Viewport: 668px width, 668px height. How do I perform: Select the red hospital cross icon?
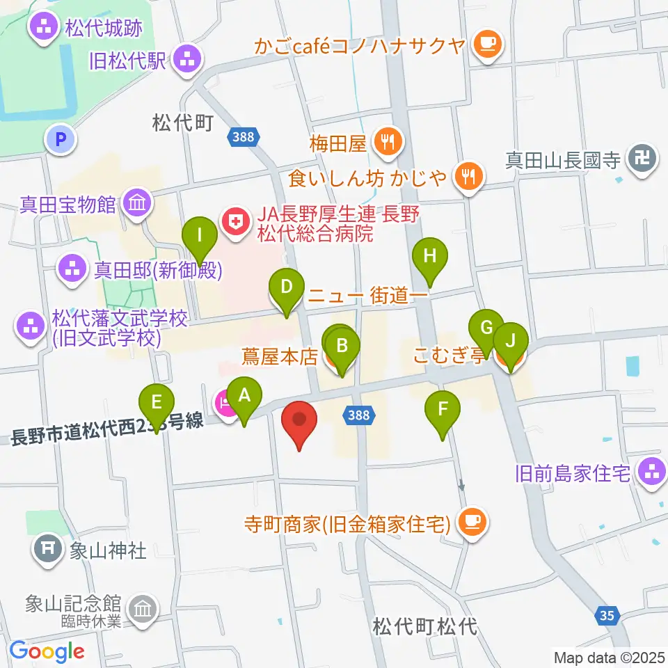point(234,223)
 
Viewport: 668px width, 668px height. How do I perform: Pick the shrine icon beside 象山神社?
point(49,548)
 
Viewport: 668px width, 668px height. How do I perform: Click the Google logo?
point(47,650)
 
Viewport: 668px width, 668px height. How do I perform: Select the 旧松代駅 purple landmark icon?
point(186,60)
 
